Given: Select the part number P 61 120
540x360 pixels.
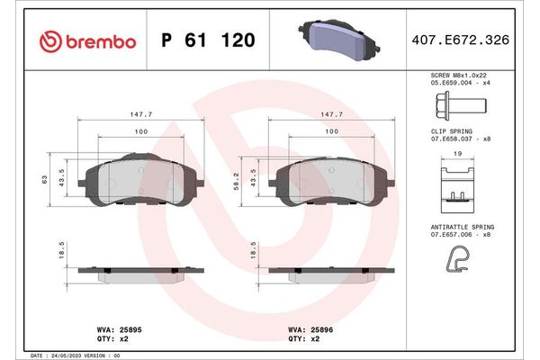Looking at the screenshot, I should tap(207, 41).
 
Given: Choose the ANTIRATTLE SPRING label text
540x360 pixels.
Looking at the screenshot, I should tap(462, 226).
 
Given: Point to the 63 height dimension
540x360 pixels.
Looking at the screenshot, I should tap(44, 180).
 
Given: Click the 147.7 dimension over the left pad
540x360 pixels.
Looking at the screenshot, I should tap(136, 114).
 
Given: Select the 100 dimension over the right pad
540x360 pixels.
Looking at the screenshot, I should tap(332, 132).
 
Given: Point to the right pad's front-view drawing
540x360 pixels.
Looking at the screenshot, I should tap(332, 183).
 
